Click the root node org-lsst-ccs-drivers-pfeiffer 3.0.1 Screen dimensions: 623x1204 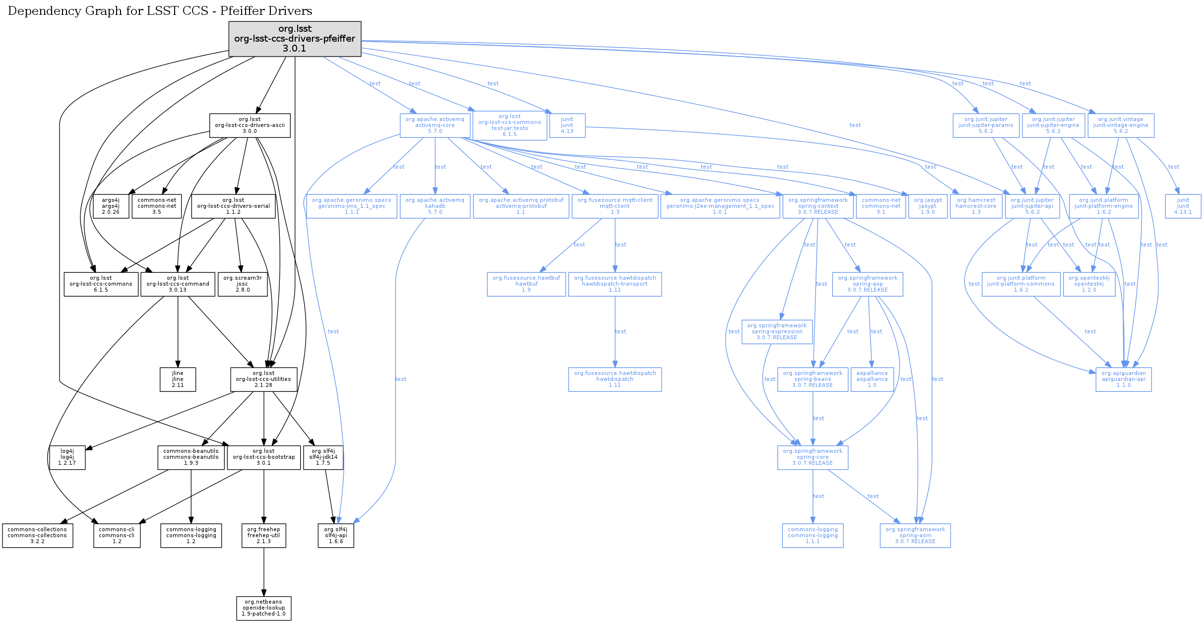click(x=295, y=39)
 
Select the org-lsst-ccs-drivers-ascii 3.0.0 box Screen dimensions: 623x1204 click(x=250, y=125)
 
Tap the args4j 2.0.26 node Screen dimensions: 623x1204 click(x=111, y=206)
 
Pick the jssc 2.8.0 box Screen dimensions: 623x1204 click(x=242, y=284)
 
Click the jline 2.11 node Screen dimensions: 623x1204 click(x=178, y=379)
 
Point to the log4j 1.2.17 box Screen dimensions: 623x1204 click(x=67, y=457)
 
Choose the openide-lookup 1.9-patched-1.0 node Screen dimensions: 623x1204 click(x=263, y=608)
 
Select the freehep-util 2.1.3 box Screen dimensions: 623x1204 click(x=263, y=536)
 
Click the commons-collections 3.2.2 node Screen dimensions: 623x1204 click(x=37, y=536)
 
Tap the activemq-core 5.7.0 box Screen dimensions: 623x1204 click(x=435, y=125)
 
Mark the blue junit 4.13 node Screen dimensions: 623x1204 click(x=567, y=125)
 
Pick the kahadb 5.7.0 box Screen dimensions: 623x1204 click(x=435, y=206)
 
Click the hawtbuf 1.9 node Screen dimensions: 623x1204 click(x=526, y=284)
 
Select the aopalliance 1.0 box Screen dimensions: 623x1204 click(x=872, y=379)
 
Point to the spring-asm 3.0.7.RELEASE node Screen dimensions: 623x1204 click(x=915, y=536)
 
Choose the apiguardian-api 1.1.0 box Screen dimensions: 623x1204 click(x=1123, y=379)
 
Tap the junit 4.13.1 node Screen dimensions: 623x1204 click(x=1183, y=206)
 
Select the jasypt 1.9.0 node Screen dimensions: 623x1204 click(x=927, y=206)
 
